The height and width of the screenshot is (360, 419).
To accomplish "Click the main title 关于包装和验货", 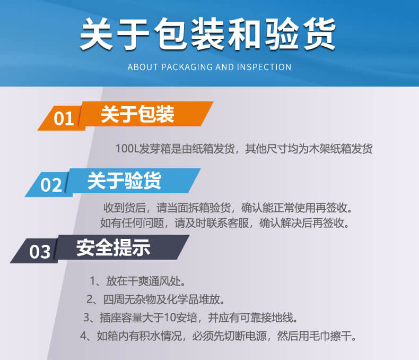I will [x=208, y=35].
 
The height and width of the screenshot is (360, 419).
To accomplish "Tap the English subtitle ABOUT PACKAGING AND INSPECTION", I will [x=210, y=67].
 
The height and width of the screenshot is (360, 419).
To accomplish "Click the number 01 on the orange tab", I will [x=64, y=118].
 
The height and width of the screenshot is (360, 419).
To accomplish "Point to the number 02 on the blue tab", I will [x=51, y=185].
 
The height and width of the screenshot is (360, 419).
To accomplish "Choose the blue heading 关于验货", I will [x=124, y=181].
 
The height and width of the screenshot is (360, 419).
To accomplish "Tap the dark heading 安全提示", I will [x=113, y=248].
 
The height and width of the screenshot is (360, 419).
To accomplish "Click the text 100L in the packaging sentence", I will [x=126, y=149].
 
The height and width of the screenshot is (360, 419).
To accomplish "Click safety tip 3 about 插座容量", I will [x=190, y=318].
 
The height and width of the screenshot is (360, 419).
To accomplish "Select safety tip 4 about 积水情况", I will [x=218, y=336].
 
